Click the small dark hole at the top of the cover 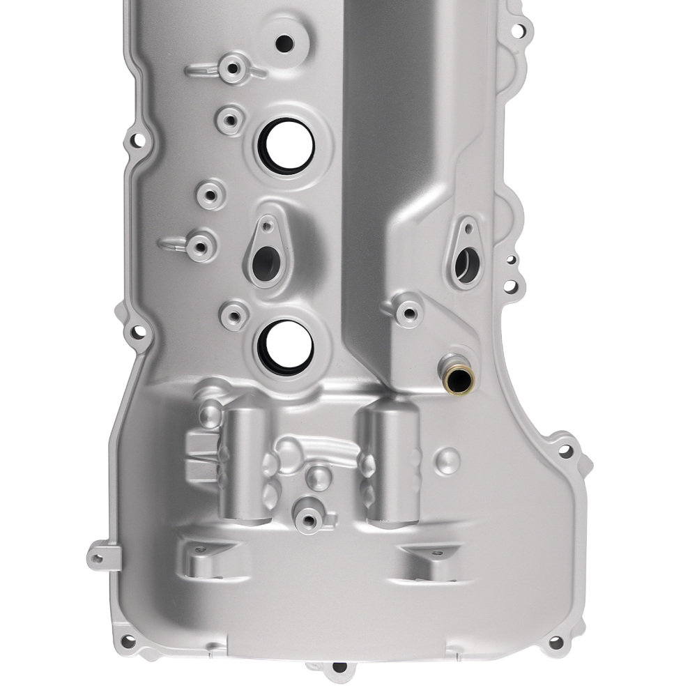coord(284,43)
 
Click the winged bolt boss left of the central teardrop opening coord(201,243)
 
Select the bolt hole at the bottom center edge coord(339,667)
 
